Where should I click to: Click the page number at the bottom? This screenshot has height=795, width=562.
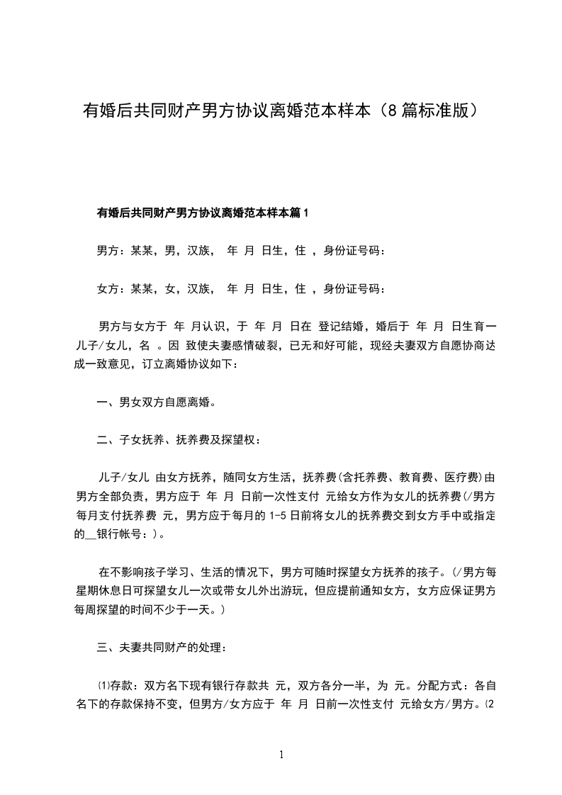[x=281, y=755]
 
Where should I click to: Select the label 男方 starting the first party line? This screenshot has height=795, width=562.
[x=107, y=250]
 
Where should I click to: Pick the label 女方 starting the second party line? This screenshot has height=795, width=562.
[x=107, y=288]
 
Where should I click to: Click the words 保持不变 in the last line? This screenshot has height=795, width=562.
[x=171, y=705]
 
